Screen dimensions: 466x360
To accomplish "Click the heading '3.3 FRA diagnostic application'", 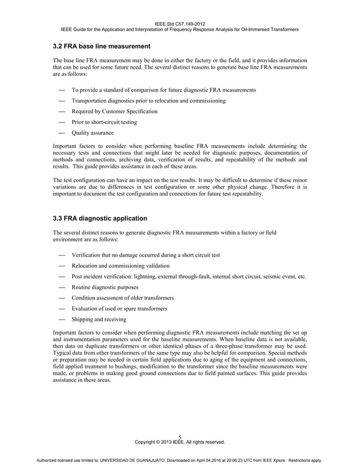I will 100,218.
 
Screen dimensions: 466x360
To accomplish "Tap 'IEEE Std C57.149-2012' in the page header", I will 179,23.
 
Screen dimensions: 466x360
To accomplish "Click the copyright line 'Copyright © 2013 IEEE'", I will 179,442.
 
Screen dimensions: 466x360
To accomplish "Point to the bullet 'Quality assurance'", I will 93,133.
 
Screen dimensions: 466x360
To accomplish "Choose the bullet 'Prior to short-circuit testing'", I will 104,122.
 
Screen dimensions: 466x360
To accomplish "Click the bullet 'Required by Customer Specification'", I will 115,111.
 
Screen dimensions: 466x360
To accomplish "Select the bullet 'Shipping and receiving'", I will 99,319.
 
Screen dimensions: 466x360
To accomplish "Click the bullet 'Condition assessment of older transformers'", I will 122,298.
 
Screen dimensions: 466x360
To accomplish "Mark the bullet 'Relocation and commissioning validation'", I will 120,266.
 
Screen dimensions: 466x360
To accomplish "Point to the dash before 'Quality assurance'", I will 60,133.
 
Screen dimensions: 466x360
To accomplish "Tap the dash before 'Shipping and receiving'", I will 60,319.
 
